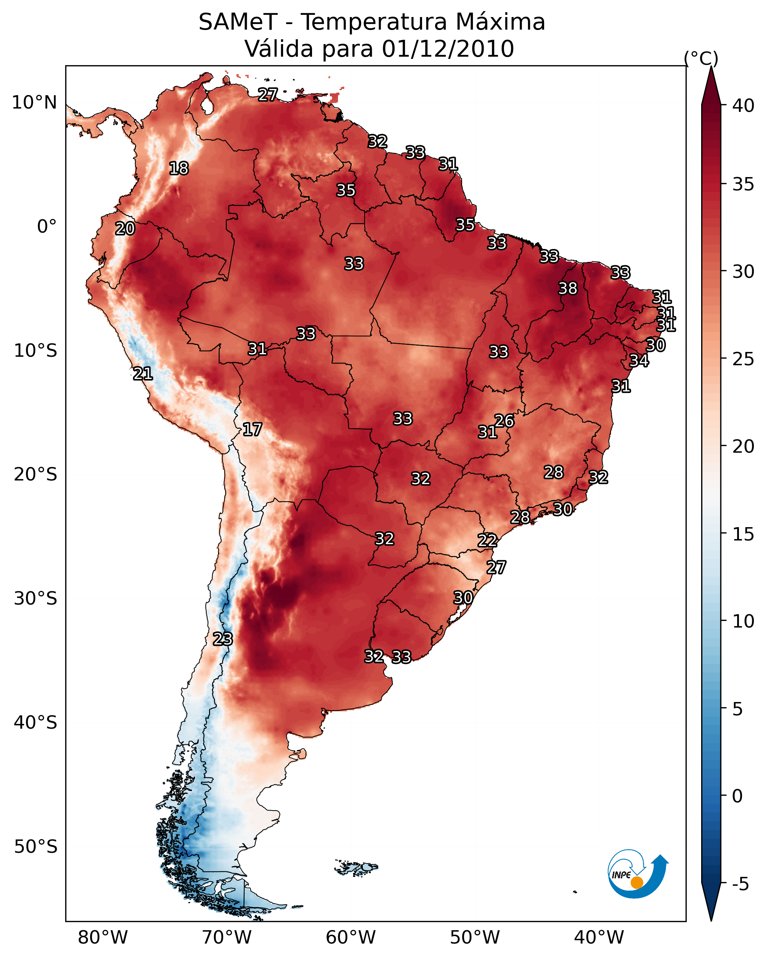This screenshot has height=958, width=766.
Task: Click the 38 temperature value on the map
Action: (x=568, y=288)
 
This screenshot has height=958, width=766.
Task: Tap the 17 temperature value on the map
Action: (x=252, y=429)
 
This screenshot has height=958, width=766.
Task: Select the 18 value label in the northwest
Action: (x=179, y=169)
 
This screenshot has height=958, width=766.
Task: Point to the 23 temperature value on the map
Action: (x=222, y=639)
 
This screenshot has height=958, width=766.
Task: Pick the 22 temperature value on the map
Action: (x=487, y=540)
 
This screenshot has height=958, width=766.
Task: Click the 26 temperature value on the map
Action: (x=504, y=421)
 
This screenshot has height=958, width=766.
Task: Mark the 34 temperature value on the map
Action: (x=639, y=360)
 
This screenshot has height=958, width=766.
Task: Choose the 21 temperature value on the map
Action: (x=143, y=374)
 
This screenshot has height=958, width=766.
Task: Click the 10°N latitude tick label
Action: (x=34, y=103)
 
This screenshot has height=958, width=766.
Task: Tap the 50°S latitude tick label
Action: (x=36, y=847)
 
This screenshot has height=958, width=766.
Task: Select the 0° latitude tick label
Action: (x=47, y=227)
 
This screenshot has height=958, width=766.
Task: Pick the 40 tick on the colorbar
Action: (x=743, y=106)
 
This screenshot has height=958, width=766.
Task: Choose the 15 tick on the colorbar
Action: (x=743, y=534)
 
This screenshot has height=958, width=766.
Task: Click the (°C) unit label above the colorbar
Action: (x=701, y=58)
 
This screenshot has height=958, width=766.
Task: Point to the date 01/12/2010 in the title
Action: (x=448, y=49)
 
